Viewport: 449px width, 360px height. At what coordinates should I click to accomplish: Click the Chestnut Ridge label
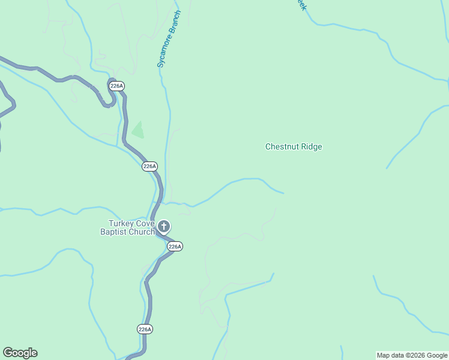294,146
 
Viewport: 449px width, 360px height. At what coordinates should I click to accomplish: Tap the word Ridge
310,146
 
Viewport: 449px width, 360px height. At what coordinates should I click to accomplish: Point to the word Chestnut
282,146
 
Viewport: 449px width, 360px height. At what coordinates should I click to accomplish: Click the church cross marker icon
164,227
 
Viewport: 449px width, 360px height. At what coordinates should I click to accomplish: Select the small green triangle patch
138,130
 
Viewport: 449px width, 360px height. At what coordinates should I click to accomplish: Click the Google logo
20,353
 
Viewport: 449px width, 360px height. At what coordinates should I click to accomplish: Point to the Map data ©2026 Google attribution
412,355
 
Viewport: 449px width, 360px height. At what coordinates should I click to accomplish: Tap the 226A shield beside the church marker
175,246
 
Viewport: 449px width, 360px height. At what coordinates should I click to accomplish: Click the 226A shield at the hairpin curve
117,86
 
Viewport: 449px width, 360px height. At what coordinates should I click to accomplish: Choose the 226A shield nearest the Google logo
145,329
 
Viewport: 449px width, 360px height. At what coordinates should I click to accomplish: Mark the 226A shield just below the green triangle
149,166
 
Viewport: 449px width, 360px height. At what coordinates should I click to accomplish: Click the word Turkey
114,224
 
